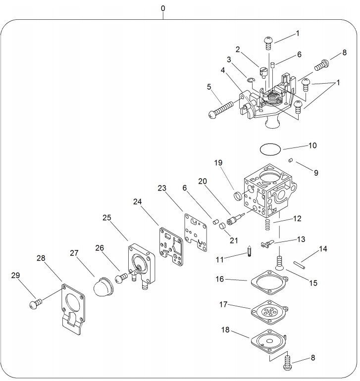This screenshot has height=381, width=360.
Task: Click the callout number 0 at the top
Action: coord(163,8)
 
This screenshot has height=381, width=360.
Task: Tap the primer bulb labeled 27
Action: coord(103,286)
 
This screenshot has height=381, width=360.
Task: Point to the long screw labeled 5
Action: coord(221,109)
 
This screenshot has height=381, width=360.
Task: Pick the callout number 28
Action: coord(41,258)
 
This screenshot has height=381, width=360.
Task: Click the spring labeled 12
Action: coord(267,225)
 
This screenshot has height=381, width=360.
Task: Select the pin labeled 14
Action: coord(299,265)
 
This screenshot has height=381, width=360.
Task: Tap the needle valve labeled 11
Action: coord(249,250)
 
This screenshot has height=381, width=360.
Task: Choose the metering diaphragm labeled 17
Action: coord(269,312)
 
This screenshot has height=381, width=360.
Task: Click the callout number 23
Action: coord(162,188)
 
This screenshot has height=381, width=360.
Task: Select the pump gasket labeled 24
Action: coord(171,246)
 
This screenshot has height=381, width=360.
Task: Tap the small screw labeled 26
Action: coord(121,278)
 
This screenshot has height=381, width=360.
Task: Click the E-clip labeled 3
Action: coord(251,80)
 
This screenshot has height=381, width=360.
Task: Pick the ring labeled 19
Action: coord(238,195)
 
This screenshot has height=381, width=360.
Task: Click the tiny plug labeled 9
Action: coord(290,160)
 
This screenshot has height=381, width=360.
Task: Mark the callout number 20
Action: coord(203,181)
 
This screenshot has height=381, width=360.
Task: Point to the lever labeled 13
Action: coord(267,244)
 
